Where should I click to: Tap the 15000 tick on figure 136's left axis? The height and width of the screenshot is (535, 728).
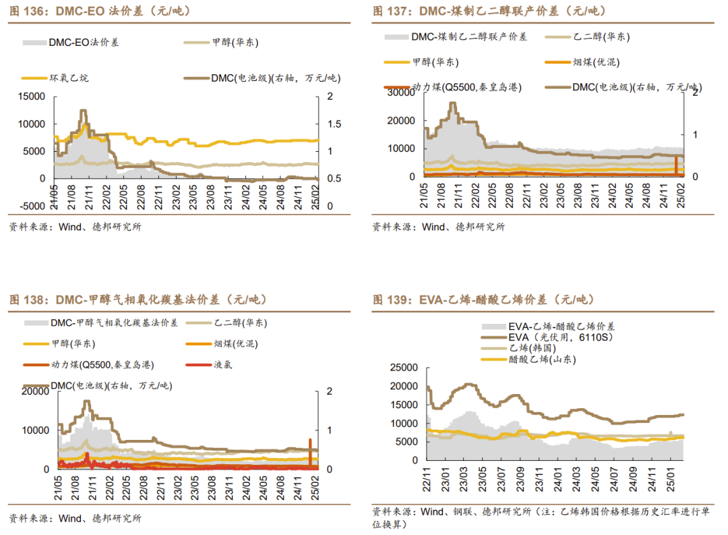click(32, 96)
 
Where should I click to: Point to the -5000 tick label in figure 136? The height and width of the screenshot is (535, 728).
click(30, 206)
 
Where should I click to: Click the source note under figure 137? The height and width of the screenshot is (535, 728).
click(438, 227)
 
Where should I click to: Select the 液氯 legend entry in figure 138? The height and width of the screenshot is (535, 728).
click(223, 364)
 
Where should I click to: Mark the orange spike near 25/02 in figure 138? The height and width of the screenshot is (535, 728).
click(310, 451)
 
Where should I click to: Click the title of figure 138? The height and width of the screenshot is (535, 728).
click(138, 300)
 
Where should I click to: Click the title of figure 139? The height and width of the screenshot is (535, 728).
click(483, 300)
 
